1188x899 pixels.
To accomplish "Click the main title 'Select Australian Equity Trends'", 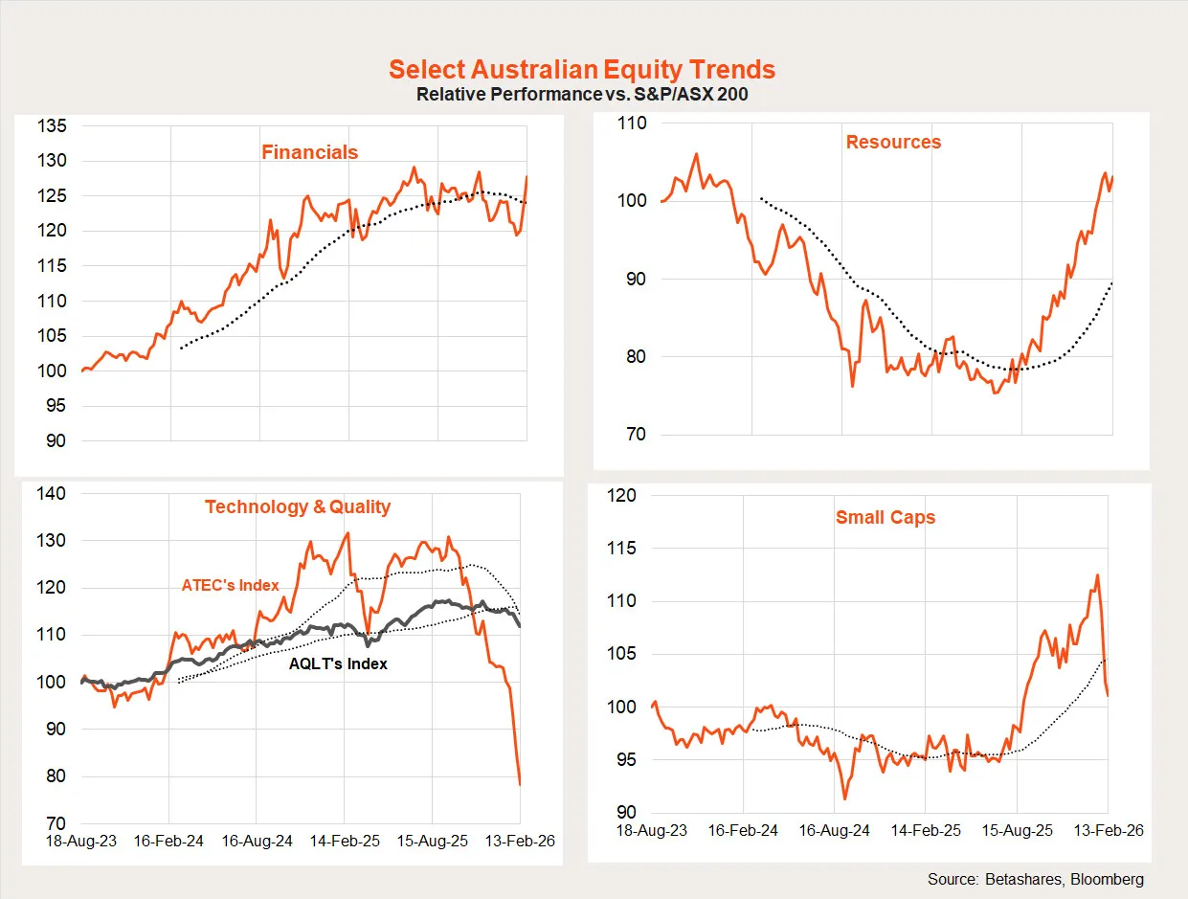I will pyautogui.click(x=582, y=70).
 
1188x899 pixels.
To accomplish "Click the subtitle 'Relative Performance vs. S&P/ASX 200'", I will pyautogui.click(x=582, y=95).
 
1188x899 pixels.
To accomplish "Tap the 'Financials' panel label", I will pyautogui.click(x=309, y=152).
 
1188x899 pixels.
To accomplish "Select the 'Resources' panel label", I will pyautogui.click(x=893, y=142).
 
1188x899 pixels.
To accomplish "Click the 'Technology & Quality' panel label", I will pyautogui.click(x=298, y=506).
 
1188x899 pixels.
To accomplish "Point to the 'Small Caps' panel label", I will pyautogui.click(x=885, y=518).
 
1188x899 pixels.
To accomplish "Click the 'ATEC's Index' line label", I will pyautogui.click(x=231, y=585).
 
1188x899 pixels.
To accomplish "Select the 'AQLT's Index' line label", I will pyautogui.click(x=338, y=663).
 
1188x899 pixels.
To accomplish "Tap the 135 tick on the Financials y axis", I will pyautogui.click(x=52, y=125).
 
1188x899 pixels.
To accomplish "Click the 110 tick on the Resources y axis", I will pyautogui.click(x=633, y=123).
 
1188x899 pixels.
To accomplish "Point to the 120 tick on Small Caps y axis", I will pyautogui.click(x=622, y=496).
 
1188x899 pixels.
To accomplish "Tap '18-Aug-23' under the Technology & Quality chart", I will pyautogui.click(x=84, y=842).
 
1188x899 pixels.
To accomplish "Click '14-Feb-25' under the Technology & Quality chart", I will pyautogui.click(x=345, y=842).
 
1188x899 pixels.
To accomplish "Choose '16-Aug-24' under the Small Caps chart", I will pyautogui.click(x=835, y=830).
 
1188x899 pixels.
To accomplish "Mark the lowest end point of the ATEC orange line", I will pyautogui.click(x=520, y=785).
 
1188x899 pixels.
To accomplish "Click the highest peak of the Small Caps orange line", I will pyautogui.click(x=1097, y=575).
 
